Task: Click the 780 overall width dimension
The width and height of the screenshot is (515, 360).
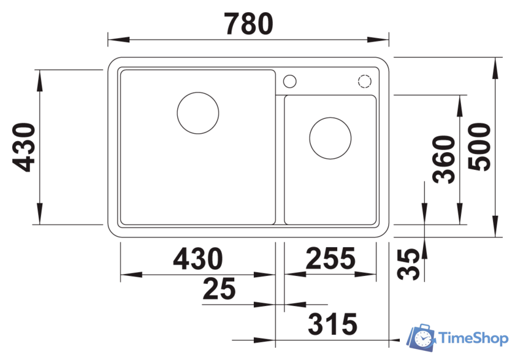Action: (x=249, y=24)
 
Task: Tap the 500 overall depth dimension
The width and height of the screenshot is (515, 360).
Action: (x=480, y=147)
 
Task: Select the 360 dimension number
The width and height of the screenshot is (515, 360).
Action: (x=444, y=159)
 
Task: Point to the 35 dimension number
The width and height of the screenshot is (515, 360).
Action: (x=408, y=264)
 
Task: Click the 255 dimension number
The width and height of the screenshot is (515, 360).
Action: (x=330, y=258)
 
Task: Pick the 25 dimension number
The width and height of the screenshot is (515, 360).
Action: (x=219, y=289)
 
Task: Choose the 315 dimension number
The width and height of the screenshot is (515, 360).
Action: (x=332, y=324)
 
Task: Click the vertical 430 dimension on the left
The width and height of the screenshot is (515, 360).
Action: (x=24, y=147)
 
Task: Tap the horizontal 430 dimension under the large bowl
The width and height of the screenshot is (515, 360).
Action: (x=198, y=259)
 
